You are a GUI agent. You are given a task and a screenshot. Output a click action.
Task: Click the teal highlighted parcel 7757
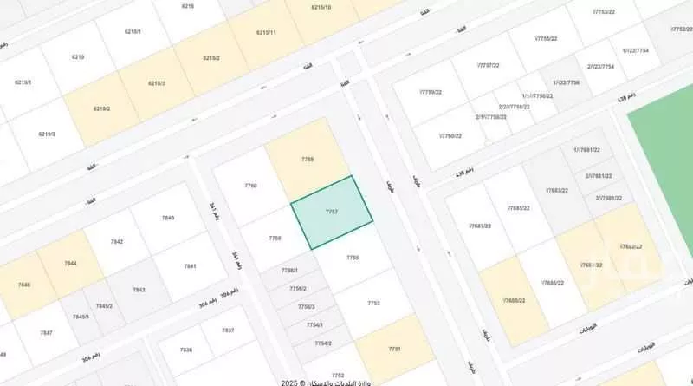click(x=332, y=212)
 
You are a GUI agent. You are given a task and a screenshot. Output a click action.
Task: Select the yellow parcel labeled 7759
click(x=308, y=160)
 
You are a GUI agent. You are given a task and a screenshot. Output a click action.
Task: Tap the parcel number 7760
click(x=251, y=186)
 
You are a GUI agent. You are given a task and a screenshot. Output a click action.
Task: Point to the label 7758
click(x=275, y=238)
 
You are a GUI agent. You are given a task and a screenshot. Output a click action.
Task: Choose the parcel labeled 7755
click(x=353, y=258)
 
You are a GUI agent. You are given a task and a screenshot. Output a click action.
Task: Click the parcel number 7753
click(x=373, y=303)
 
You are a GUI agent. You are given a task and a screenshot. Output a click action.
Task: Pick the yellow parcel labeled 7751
click(x=394, y=349)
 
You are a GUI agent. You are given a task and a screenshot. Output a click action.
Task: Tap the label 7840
click(x=168, y=218)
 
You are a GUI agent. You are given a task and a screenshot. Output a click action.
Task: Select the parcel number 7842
click(x=117, y=241)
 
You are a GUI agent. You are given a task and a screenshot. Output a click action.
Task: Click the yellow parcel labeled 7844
click(x=71, y=263)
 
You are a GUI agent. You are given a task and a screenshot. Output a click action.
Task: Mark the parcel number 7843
click(x=139, y=290)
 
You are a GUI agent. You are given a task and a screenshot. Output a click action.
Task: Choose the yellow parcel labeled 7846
click(x=24, y=285)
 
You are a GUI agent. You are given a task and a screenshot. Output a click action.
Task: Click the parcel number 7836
click(x=186, y=350)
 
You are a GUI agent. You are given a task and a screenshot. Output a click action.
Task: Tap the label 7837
click(x=228, y=330)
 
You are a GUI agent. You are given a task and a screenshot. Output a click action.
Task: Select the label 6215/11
click(x=266, y=32)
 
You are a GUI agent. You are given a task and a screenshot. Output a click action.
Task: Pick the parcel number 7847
click(x=47, y=333)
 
